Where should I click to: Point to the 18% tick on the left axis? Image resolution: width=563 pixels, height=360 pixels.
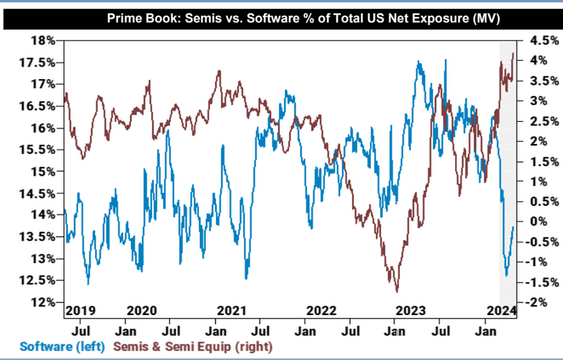(x=42, y=40)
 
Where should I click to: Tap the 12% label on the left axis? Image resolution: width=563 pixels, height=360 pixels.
(x=42, y=302)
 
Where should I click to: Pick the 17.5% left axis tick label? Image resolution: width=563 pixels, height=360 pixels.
(x=38, y=62)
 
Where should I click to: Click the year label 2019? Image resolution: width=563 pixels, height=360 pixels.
(x=81, y=310)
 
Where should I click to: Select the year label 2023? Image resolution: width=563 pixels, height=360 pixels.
(x=410, y=310)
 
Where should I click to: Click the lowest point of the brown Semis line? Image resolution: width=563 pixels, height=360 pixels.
(x=397, y=292)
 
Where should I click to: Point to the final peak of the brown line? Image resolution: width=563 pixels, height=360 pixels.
(x=513, y=53)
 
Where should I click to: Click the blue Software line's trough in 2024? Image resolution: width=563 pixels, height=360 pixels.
(x=506, y=276)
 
